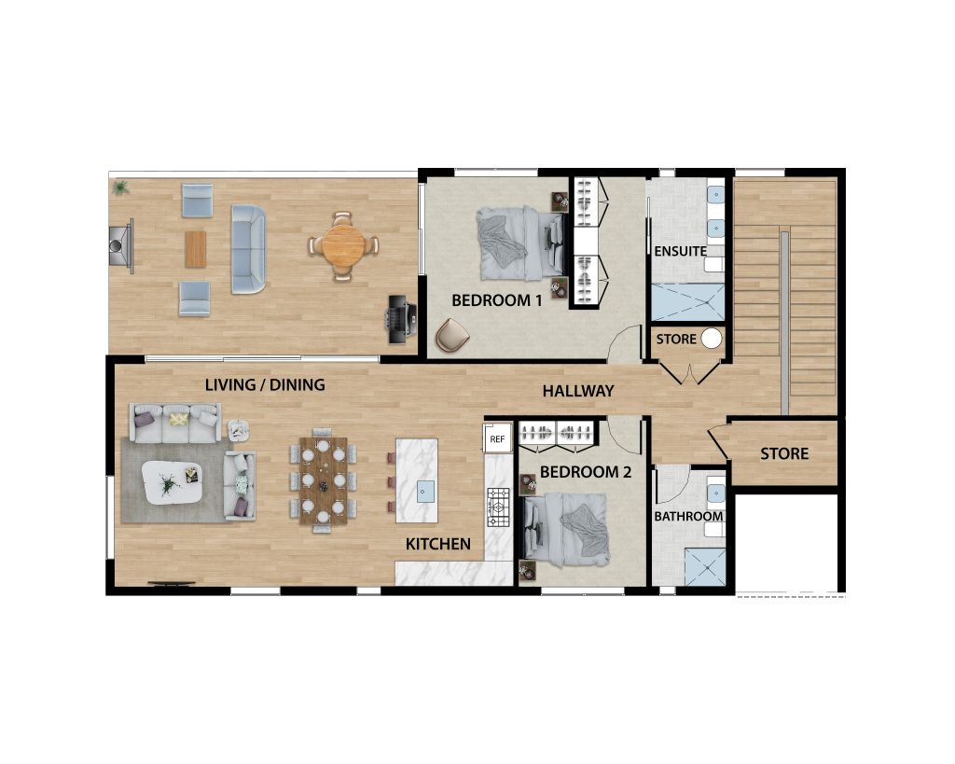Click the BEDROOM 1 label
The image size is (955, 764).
(x=497, y=300)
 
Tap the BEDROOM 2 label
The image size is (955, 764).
(x=586, y=472)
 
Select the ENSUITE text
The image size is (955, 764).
(x=680, y=251)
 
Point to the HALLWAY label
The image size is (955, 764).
(x=578, y=391)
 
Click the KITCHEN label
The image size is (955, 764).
(x=437, y=544)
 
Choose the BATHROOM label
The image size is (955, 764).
(x=688, y=516)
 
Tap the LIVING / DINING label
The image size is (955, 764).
(x=265, y=383)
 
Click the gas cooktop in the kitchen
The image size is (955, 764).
(x=497, y=508)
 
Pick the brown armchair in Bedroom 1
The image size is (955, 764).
(x=452, y=335)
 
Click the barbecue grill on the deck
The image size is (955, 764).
(x=400, y=315)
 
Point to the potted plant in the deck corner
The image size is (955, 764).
(x=120, y=188)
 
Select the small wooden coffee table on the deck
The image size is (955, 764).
(x=196, y=248)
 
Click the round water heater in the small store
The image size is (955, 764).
(x=712, y=339)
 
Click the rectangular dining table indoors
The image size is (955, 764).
(x=323, y=480)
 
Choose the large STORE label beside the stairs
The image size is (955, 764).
(x=784, y=453)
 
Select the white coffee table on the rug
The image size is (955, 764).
(x=171, y=484)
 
